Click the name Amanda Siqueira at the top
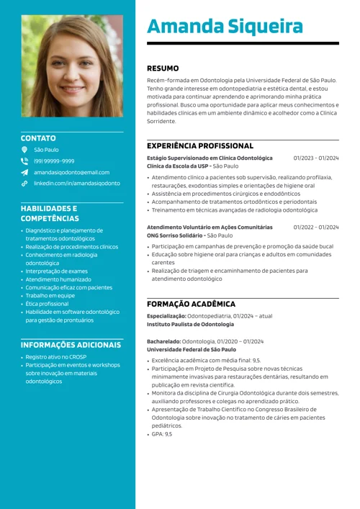click(225, 27)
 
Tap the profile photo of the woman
click(72, 66)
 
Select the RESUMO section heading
click(163, 68)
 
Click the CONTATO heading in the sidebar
click(38, 138)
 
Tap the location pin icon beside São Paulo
click(24, 150)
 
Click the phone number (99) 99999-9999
click(54, 161)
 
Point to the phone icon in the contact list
click(24, 161)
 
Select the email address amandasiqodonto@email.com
click(72, 173)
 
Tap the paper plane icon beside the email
click(24, 173)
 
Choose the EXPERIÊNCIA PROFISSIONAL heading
click(200, 145)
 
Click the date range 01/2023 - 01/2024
click(315, 158)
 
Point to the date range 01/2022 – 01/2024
click(315, 227)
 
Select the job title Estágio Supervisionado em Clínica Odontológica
click(210, 158)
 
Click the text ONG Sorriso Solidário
click(175, 235)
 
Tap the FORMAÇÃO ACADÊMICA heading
click(191, 304)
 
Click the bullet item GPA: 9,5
click(161, 434)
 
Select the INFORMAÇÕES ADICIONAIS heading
click(71, 345)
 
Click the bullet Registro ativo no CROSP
click(55, 357)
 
